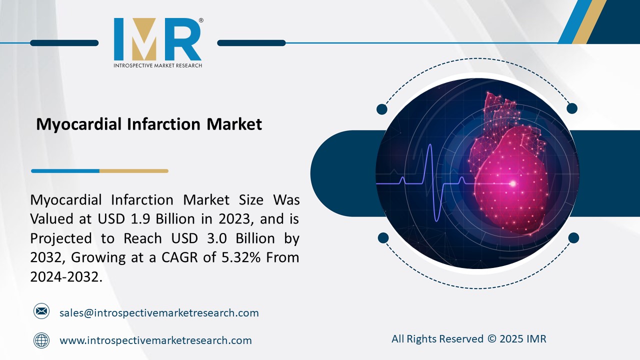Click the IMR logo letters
157,39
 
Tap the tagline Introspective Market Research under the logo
157,65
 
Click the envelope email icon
41,311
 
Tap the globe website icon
41,340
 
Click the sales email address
159,313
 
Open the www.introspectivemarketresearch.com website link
155,340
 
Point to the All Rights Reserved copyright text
468,339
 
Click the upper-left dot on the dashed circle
382,109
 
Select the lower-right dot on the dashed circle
573,237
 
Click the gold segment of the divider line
133,171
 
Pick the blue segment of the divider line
65,171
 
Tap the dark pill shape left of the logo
64,43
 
